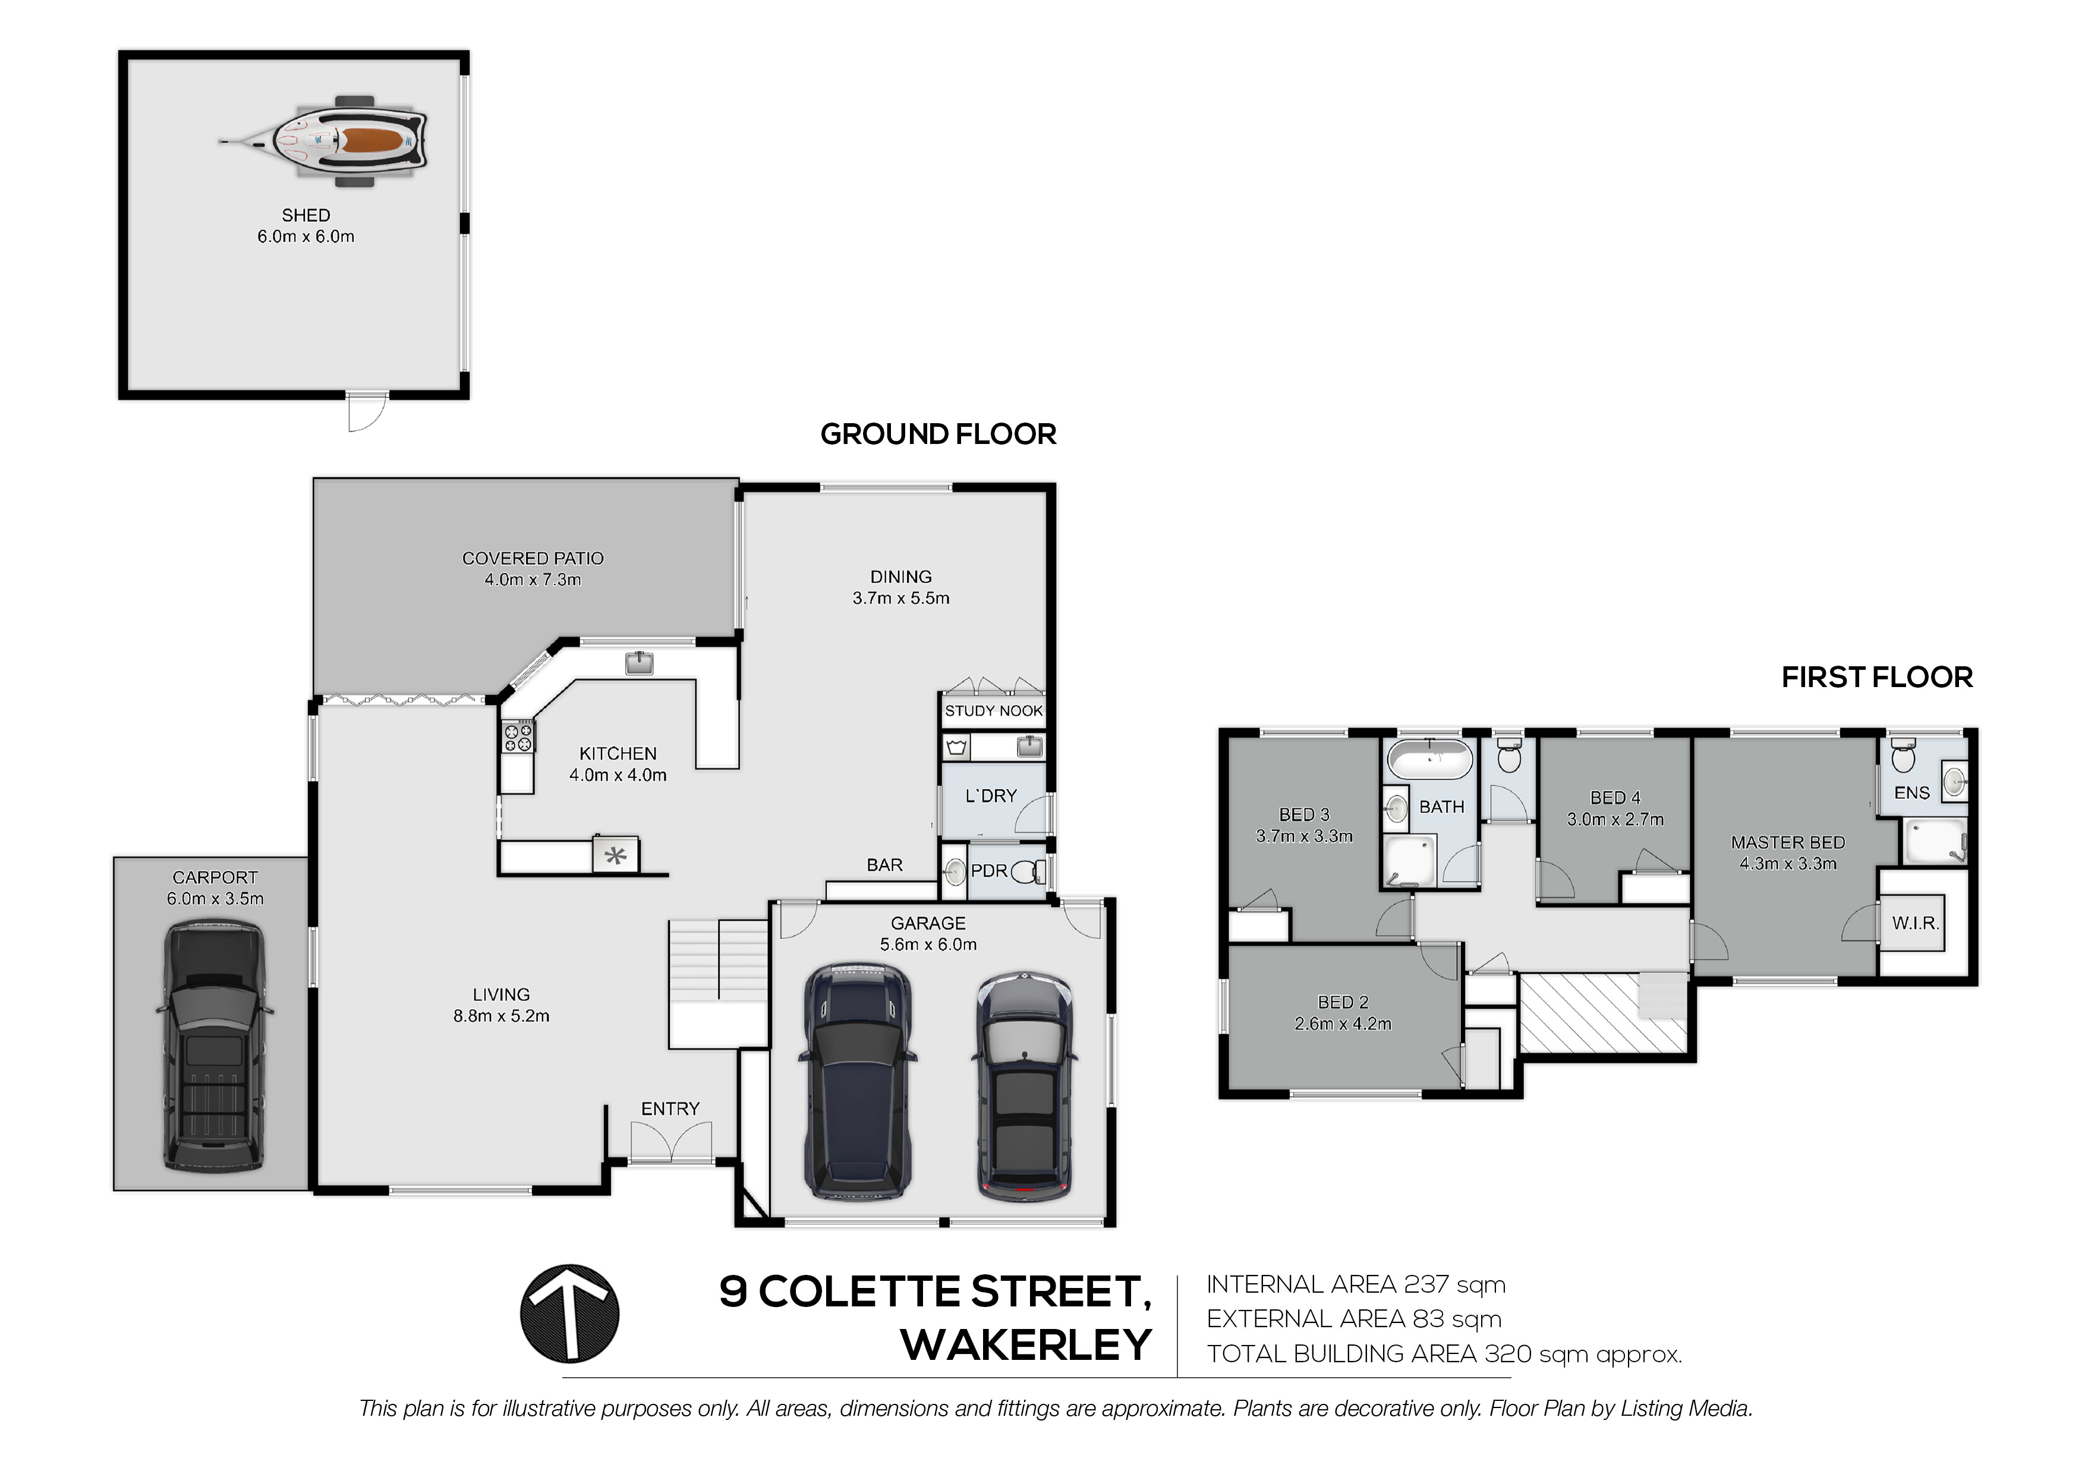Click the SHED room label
[x=306, y=215]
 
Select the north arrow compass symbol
[x=569, y=1314]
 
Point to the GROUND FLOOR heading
[x=938, y=434]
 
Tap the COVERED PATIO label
[x=533, y=559]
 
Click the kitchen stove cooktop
[x=518, y=736]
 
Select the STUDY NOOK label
[x=993, y=711]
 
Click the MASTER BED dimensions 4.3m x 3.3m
[x=1788, y=864]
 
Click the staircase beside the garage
[x=719, y=984]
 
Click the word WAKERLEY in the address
[x=1026, y=1345]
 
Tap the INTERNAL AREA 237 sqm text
[x=1356, y=1285]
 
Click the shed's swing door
[x=367, y=413]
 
